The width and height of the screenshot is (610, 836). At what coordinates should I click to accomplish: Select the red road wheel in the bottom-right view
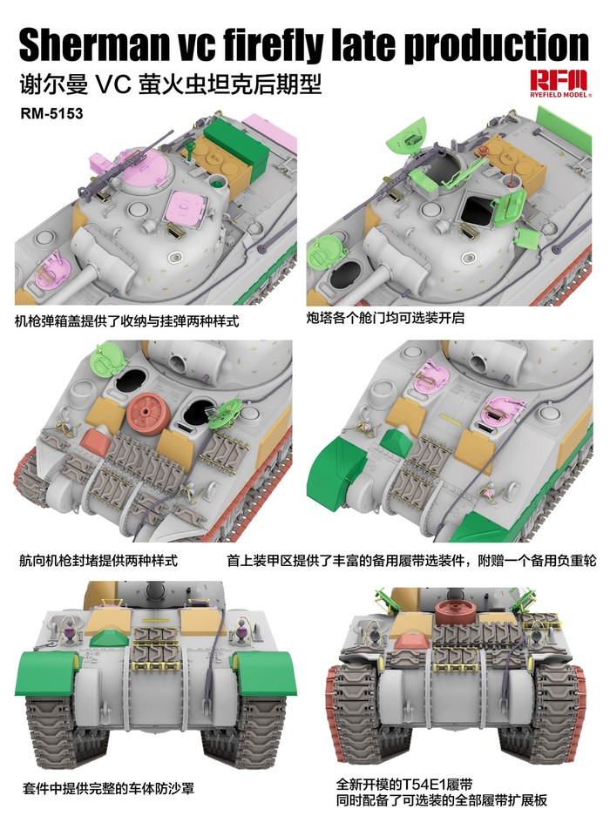pos(452,609)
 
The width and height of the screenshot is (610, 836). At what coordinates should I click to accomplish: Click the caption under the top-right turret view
pos(385,318)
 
